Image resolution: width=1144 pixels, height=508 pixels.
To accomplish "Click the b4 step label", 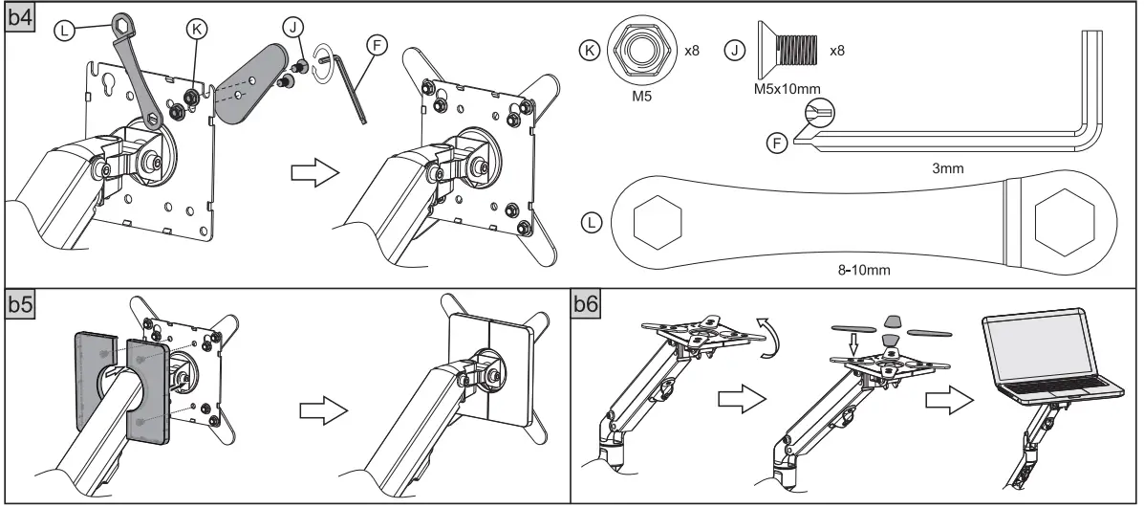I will click(x=20, y=18).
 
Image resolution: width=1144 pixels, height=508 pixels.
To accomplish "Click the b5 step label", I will click(x=20, y=305).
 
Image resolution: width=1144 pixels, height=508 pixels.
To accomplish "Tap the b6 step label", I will click(x=587, y=305).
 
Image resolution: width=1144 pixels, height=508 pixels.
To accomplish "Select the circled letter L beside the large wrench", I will click(x=593, y=223).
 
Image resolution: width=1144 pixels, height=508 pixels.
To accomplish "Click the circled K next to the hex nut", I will click(x=593, y=49).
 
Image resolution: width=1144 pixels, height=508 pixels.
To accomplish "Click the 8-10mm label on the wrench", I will click(x=865, y=270).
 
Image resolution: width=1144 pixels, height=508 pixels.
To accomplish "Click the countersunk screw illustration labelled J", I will click(x=784, y=48).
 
